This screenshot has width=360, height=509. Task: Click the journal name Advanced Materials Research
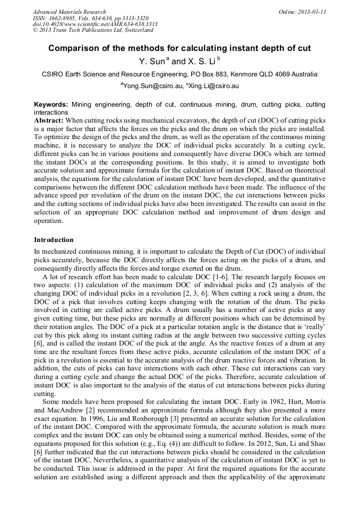pyautogui.click(x=69, y=12)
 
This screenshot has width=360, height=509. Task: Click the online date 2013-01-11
pyautogui.click(x=310, y=12)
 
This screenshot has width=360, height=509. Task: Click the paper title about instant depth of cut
pyautogui.click(x=179, y=48)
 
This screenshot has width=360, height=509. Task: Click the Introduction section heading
pyautogui.click(x=54, y=240)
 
